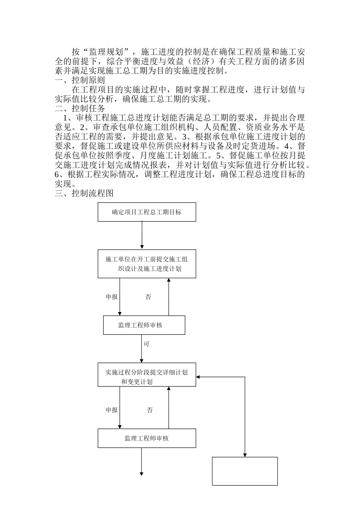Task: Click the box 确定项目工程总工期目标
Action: click(147, 212)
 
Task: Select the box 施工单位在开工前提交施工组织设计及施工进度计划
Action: click(147, 264)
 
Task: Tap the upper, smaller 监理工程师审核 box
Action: click(144, 325)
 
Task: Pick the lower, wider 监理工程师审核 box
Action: click(147, 438)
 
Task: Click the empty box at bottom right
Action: click(245, 471)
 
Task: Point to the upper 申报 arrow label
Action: click(112, 297)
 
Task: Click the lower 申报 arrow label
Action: click(112, 410)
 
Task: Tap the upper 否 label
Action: click(148, 297)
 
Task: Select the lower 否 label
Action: click(150, 410)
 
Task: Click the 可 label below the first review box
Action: click(146, 344)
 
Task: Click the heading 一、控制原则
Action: click(80, 80)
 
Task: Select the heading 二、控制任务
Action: click(80, 108)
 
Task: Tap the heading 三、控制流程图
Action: click(84, 193)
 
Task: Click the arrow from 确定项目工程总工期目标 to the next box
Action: click(142, 235)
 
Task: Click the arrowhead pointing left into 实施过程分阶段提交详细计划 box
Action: click(199, 377)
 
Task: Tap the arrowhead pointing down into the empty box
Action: click(245, 454)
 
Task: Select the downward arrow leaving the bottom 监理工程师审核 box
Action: click(142, 462)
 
